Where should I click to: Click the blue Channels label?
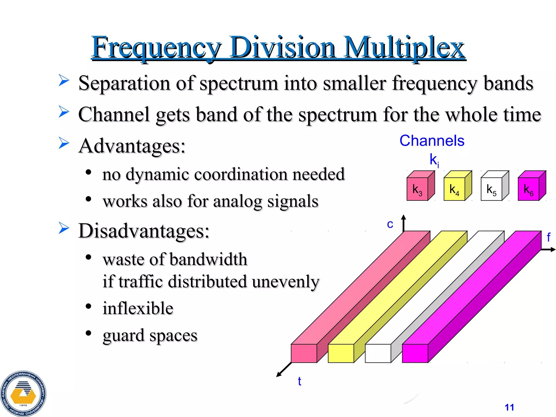(x=432, y=141)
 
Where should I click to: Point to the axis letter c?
(x=390, y=224)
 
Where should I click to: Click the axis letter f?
(x=548, y=238)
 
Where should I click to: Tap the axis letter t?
(x=299, y=381)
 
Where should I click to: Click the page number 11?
(x=509, y=407)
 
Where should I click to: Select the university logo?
(x=23, y=394)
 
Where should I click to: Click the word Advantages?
(x=132, y=146)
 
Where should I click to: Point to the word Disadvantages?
(x=144, y=231)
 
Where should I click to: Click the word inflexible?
(x=138, y=308)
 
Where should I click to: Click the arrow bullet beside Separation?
(x=64, y=81)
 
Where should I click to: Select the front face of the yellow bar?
(x=341, y=353)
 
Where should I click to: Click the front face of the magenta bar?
(x=415, y=353)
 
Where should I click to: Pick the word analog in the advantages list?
(x=238, y=201)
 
